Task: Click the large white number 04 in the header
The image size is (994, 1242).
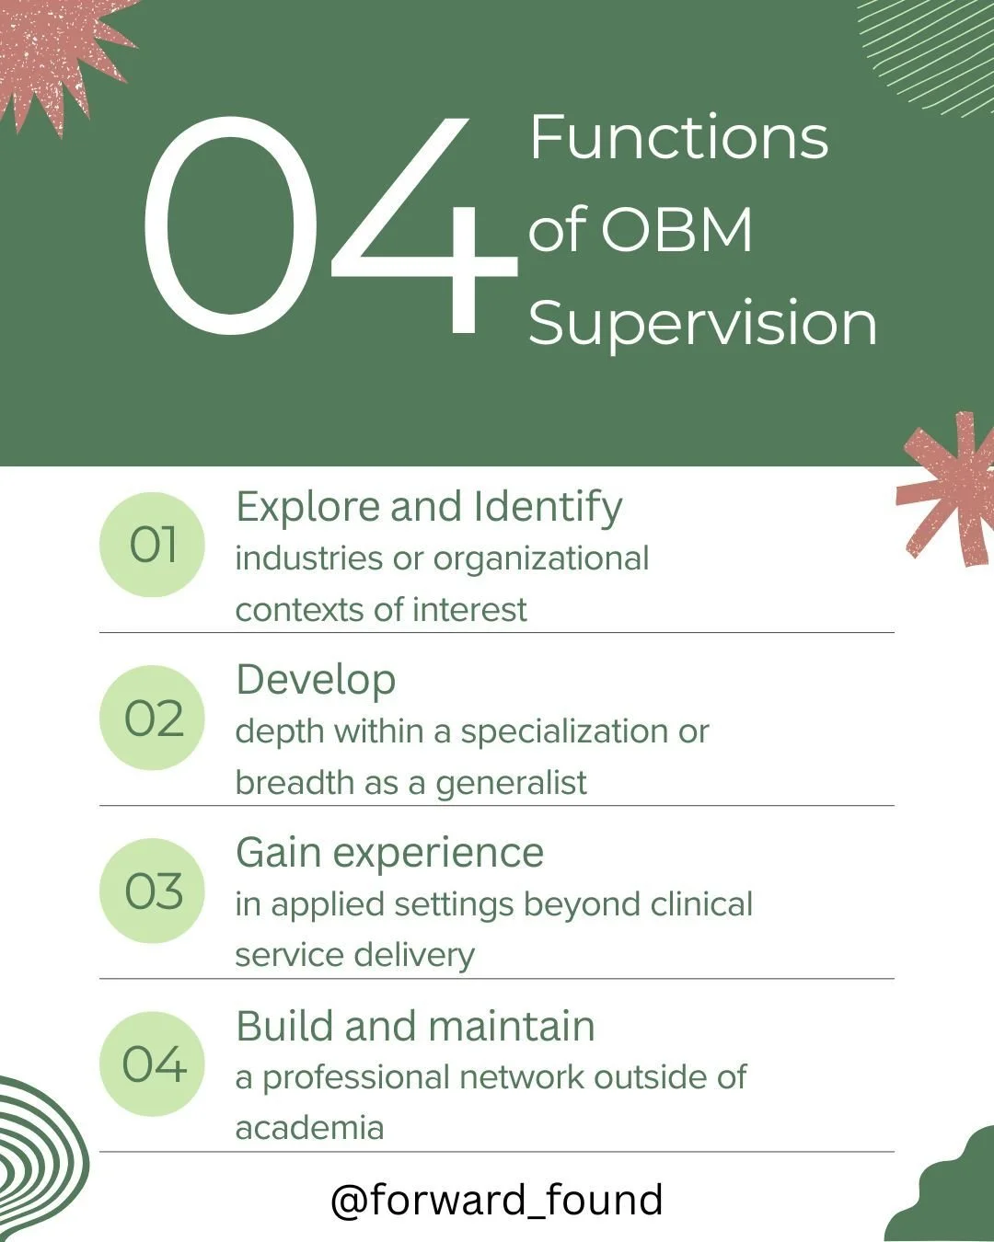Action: pos(327,225)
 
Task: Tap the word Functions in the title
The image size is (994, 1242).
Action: pos(678,138)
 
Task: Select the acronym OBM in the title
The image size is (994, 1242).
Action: pos(676,230)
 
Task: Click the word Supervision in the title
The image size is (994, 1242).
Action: pos(702,323)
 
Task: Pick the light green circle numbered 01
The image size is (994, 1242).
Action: pos(152,545)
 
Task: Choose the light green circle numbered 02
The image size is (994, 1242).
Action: pos(152,718)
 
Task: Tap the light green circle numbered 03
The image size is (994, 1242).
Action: pos(152,891)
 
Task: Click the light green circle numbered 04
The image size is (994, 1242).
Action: pos(152,1064)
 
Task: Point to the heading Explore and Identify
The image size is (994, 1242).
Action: pos(429,507)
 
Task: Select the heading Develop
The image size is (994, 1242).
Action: pos(316,680)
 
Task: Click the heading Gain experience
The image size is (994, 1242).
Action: pos(389,853)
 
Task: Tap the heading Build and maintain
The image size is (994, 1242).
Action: pos(415,1026)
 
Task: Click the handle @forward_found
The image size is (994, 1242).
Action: pos(497,1200)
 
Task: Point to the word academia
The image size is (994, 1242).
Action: pos(309,1127)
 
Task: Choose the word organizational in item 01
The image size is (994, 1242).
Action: pos(541,558)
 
